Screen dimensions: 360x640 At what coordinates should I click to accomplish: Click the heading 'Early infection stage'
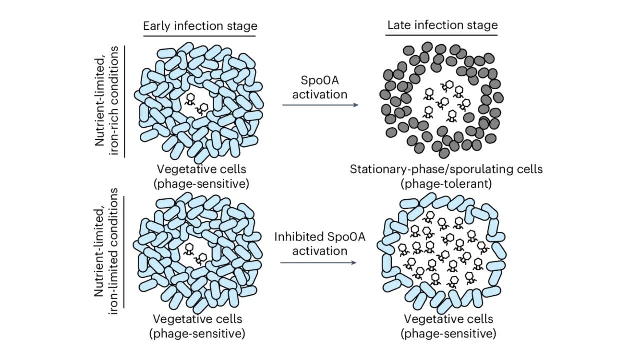point(200,26)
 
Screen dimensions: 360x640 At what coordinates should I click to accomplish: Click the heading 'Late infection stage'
point(442,25)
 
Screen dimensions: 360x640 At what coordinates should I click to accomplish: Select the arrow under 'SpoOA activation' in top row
point(320,105)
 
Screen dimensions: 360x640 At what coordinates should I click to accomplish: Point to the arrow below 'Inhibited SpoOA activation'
point(318,262)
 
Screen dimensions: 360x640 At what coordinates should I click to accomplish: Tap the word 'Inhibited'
point(296,236)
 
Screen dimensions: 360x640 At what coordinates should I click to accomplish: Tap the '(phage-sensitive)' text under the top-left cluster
point(201,183)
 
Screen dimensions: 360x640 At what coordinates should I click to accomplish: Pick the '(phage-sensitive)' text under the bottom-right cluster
point(448,333)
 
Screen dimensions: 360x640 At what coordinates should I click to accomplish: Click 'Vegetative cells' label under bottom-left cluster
point(197,318)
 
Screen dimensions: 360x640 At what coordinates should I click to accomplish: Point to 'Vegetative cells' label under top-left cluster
point(201,169)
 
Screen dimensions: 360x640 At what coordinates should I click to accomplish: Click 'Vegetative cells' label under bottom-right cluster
point(448,319)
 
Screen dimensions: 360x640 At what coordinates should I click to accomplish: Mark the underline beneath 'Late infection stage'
point(442,35)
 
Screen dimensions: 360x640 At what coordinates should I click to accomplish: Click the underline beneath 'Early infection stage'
point(200,36)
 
